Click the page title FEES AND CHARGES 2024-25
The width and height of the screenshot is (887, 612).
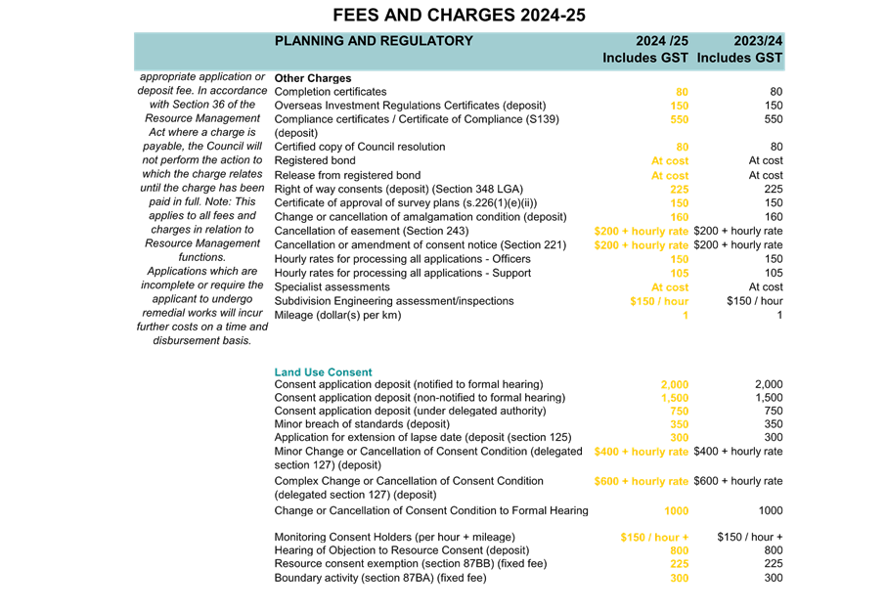[x=459, y=15]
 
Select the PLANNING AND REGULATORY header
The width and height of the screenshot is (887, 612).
[x=374, y=41]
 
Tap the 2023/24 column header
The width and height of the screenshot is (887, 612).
[x=758, y=41]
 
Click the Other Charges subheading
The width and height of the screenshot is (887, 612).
[x=313, y=78]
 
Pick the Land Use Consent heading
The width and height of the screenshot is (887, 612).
[x=323, y=372]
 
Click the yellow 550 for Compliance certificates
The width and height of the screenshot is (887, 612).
[x=679, y=119]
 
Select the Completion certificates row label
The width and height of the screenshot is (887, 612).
[x=331, y=92]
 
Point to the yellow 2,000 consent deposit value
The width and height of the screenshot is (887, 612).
[x=675, y=384]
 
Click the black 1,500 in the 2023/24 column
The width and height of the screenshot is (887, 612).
[x=769, y=398]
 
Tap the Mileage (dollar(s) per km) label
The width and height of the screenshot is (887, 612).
[x=337, y=315]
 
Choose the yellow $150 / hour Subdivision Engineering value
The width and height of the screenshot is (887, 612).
[x=659, y=301]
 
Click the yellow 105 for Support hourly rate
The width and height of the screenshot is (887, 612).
[x=679, y=273]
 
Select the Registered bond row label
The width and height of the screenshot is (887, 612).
[x=315, y=160]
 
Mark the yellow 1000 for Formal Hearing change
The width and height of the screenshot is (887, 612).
[x=676, y=510]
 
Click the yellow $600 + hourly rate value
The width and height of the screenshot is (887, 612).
[x=641, y=481]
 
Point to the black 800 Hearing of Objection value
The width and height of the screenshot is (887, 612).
[x=774, y=550]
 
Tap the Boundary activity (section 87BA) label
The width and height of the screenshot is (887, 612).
[x=380, y=578]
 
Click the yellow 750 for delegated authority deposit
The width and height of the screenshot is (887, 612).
[x=679, y=412]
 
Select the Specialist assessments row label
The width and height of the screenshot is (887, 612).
[x=333, y=287]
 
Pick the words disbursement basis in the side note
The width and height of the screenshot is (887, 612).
[x=202, y=340]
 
